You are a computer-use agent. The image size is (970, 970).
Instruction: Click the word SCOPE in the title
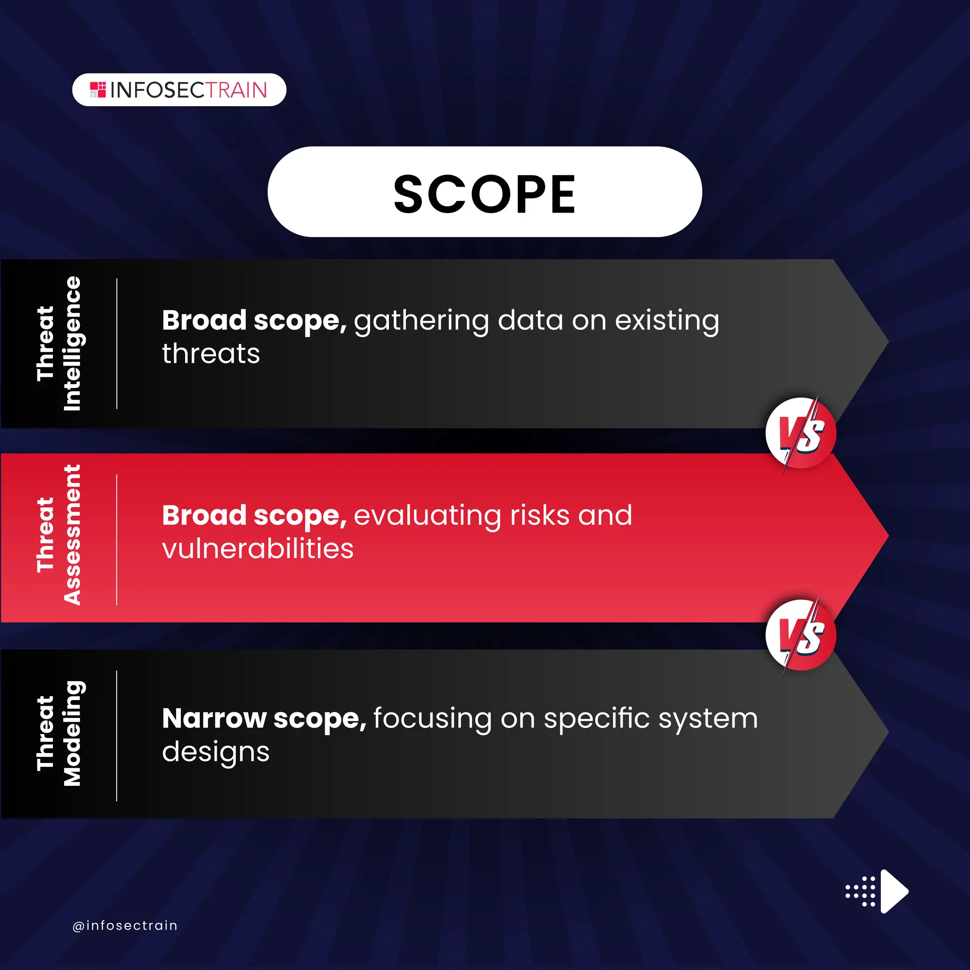pos(485,194)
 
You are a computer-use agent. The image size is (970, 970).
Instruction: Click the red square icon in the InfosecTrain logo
pos(98,90)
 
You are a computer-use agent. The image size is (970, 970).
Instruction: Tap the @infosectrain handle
pos(125,925)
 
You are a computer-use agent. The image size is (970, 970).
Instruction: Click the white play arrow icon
pos(893,892)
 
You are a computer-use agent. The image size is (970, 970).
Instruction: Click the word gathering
pos(421,321)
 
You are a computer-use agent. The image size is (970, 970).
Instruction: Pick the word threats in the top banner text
pos(211,353)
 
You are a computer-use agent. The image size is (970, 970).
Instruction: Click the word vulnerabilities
pos(258,548)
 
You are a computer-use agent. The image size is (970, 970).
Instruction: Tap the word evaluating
pos(427,516)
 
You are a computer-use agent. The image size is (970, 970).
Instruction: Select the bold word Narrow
pos(214,719)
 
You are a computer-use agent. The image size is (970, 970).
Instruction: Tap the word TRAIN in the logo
pos(236,90)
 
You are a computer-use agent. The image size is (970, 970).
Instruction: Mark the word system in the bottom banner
pos(708,719)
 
